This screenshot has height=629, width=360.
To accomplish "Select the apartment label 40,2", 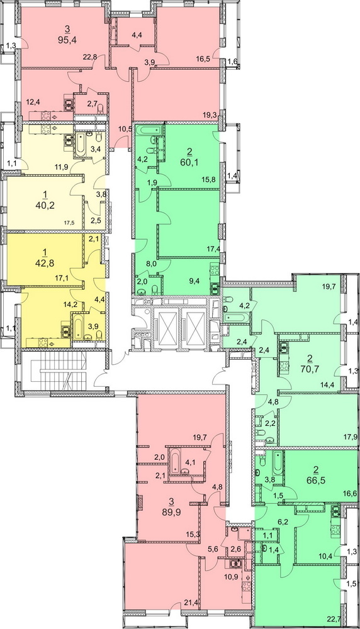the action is click(x=45, y=206).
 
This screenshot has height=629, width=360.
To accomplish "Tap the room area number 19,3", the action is click(x=210, y=114).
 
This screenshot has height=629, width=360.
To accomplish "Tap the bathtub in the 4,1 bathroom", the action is click(x=175, y=461).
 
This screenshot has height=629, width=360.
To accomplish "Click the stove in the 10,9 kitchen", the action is click(x=247, y=585).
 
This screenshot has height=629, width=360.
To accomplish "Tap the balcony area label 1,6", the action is click(x=233, y=62).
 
